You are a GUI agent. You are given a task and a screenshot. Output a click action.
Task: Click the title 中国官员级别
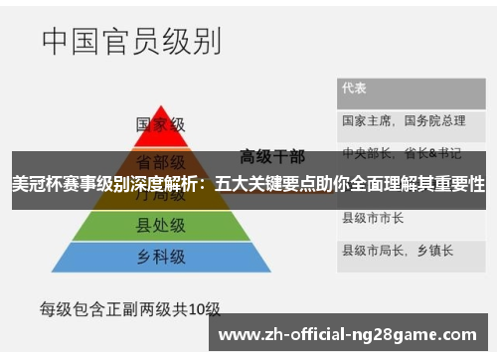pyautogui.click(x=131, y=42)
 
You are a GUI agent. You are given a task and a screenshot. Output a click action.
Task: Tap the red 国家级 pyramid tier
pyautogui.click(x=160, y=126)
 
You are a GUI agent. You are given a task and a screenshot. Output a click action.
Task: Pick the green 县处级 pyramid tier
pyautogui.click(x=160, y=228)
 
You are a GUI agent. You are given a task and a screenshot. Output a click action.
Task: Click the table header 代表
pyautogui.click(x=355, y=88)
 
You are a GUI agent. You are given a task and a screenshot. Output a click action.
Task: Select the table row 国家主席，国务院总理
pyautogui.click(x=404, y=120)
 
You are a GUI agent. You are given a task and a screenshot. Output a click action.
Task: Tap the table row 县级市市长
pyautogui.click(x=373, y=217)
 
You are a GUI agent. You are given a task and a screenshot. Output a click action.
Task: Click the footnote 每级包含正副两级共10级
pyautogui.click(x=129, y=308)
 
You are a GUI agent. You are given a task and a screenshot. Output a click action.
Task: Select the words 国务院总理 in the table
pyautogui.click(x=435, y=120)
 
